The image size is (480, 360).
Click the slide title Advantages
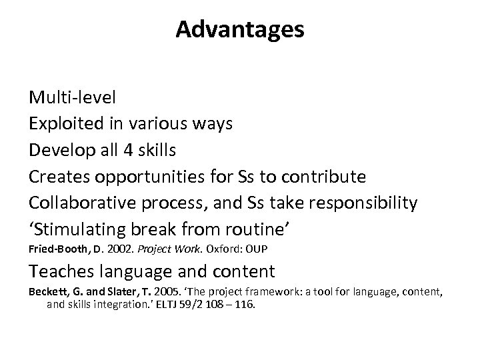(x=240, y=29)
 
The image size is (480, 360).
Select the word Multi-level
(x=72, y=97)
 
